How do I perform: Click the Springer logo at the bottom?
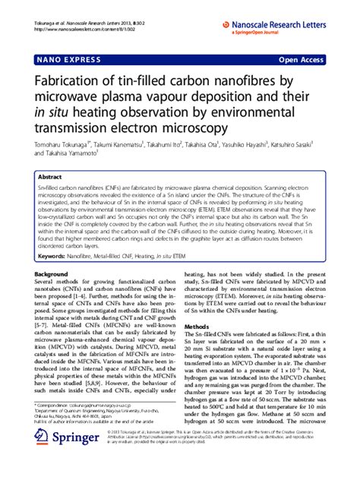(x=63, y=462)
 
